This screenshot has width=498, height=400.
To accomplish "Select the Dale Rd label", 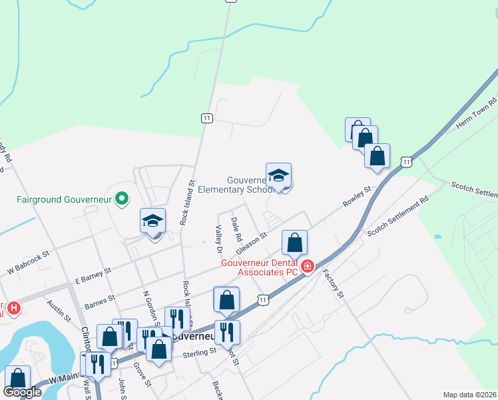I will tap(235, 229).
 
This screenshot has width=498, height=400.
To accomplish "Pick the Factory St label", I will tap(334, 283).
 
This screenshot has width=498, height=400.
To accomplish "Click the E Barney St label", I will tap(93, 272).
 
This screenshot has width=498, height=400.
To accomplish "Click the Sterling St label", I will tap(200, 352).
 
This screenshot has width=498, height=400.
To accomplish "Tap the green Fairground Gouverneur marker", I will tap(121, 199).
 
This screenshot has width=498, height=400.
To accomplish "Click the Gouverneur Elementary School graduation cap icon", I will tap(279, 175).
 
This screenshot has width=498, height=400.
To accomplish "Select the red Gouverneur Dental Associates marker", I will tap(308, 267).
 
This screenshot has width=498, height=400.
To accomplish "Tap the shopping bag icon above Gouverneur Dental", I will tap(294, 243).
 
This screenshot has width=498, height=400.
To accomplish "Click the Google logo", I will tap(22, 393).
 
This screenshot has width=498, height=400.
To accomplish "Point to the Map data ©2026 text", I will tap(469, 395).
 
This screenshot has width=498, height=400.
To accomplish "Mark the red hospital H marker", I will tap(13, 308).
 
